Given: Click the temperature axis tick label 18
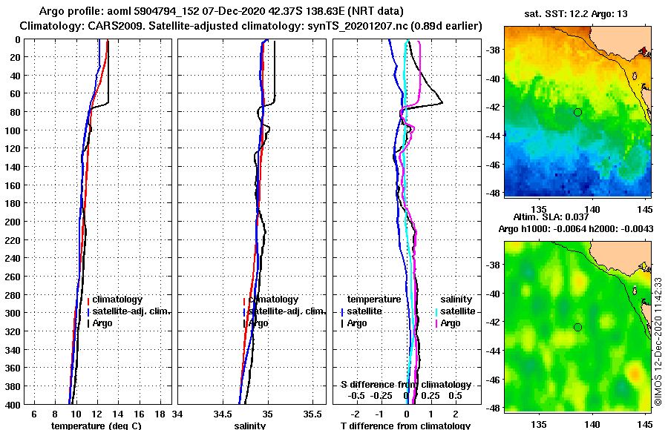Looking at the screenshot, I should (160, 415).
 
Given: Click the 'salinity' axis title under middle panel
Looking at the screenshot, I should (249, 426).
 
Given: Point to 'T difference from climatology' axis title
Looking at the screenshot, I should (405, 426).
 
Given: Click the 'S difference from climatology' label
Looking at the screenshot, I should (406, 385).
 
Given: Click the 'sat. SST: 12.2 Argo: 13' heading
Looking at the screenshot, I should (576, 13).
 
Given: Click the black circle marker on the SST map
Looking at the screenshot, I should (577, 112).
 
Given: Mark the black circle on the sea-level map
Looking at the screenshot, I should (577, 327).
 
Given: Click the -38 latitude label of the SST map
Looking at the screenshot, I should (493, 50).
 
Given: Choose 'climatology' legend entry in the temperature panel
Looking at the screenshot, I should (117, 300).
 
